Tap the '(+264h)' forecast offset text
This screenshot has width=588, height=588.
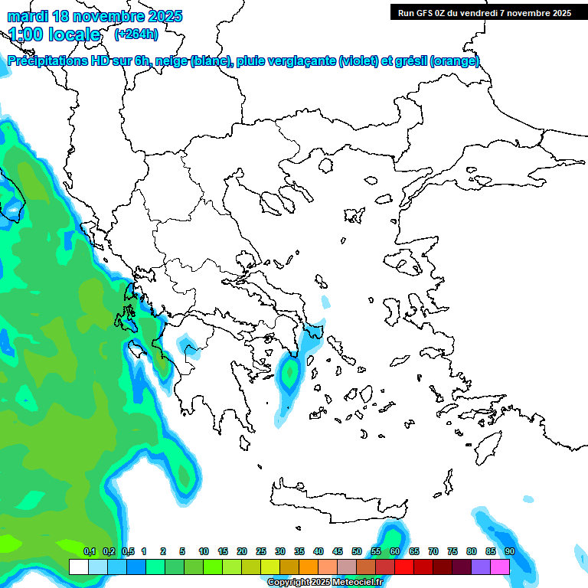click(x=136, y=34)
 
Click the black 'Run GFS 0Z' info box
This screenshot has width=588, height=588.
click(x=485, y=12)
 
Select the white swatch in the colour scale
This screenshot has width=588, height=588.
click(x=78, y=567)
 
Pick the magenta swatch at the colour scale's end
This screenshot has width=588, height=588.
click(x=500, y=567)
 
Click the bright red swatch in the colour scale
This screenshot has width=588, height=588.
click(x=403, y=567)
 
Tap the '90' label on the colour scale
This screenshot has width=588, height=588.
click(x=510, y=551)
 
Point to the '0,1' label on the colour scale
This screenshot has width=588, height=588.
click(x=89, y=551)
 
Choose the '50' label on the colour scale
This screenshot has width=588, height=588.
click(x=357, y=551)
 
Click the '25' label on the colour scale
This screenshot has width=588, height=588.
click(x=261, y=551)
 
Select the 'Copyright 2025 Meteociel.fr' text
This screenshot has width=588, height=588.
click(x=325, y=583)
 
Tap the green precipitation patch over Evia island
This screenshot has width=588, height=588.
click(x=289, y=374)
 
